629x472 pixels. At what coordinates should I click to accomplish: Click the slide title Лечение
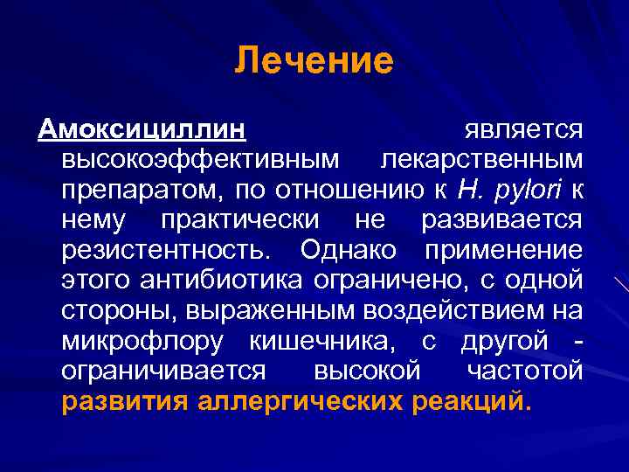click(x=314, y=61)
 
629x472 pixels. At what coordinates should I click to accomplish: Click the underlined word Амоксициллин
click(x=141, y=129)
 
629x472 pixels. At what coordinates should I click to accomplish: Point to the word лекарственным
click(x=481, y=159)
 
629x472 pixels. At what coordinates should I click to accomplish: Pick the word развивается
click(x=501, y=219)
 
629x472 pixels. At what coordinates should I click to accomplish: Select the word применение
click(x=504, y=250)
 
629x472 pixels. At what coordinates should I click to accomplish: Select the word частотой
click(x=524, y=371)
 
